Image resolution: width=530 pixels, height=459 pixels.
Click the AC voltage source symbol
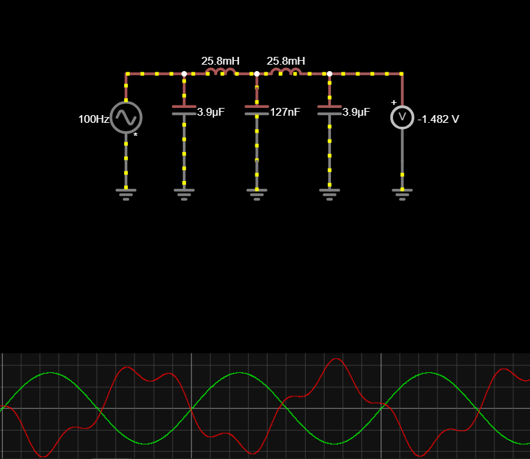click(x=126, y=117)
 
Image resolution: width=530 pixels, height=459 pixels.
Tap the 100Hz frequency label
click(x=94, y=120)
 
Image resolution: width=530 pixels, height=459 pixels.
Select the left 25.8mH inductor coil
click(x=220, y=72)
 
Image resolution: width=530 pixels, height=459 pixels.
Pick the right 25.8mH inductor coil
click(x=285, y=72)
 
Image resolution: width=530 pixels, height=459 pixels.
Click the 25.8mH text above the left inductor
click(x=220, y=61)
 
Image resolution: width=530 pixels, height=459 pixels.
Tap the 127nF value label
click(x=285, y=112)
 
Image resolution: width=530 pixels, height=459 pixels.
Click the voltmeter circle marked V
click(x=402, y=117)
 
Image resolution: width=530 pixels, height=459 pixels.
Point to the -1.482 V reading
click(x=438, y=119)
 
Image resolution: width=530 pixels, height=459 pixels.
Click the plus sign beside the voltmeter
click(x=394, y=102)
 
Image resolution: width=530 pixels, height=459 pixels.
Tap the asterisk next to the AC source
click(x=135, y=135)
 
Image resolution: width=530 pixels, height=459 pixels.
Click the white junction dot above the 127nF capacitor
click(x=257, y=74)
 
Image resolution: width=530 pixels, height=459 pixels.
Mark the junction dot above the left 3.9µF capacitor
click(x=184, y=74)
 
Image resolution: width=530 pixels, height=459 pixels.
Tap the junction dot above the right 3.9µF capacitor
click(x=330, y=74)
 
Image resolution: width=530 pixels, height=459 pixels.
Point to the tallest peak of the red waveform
click(x=336, y=359)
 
